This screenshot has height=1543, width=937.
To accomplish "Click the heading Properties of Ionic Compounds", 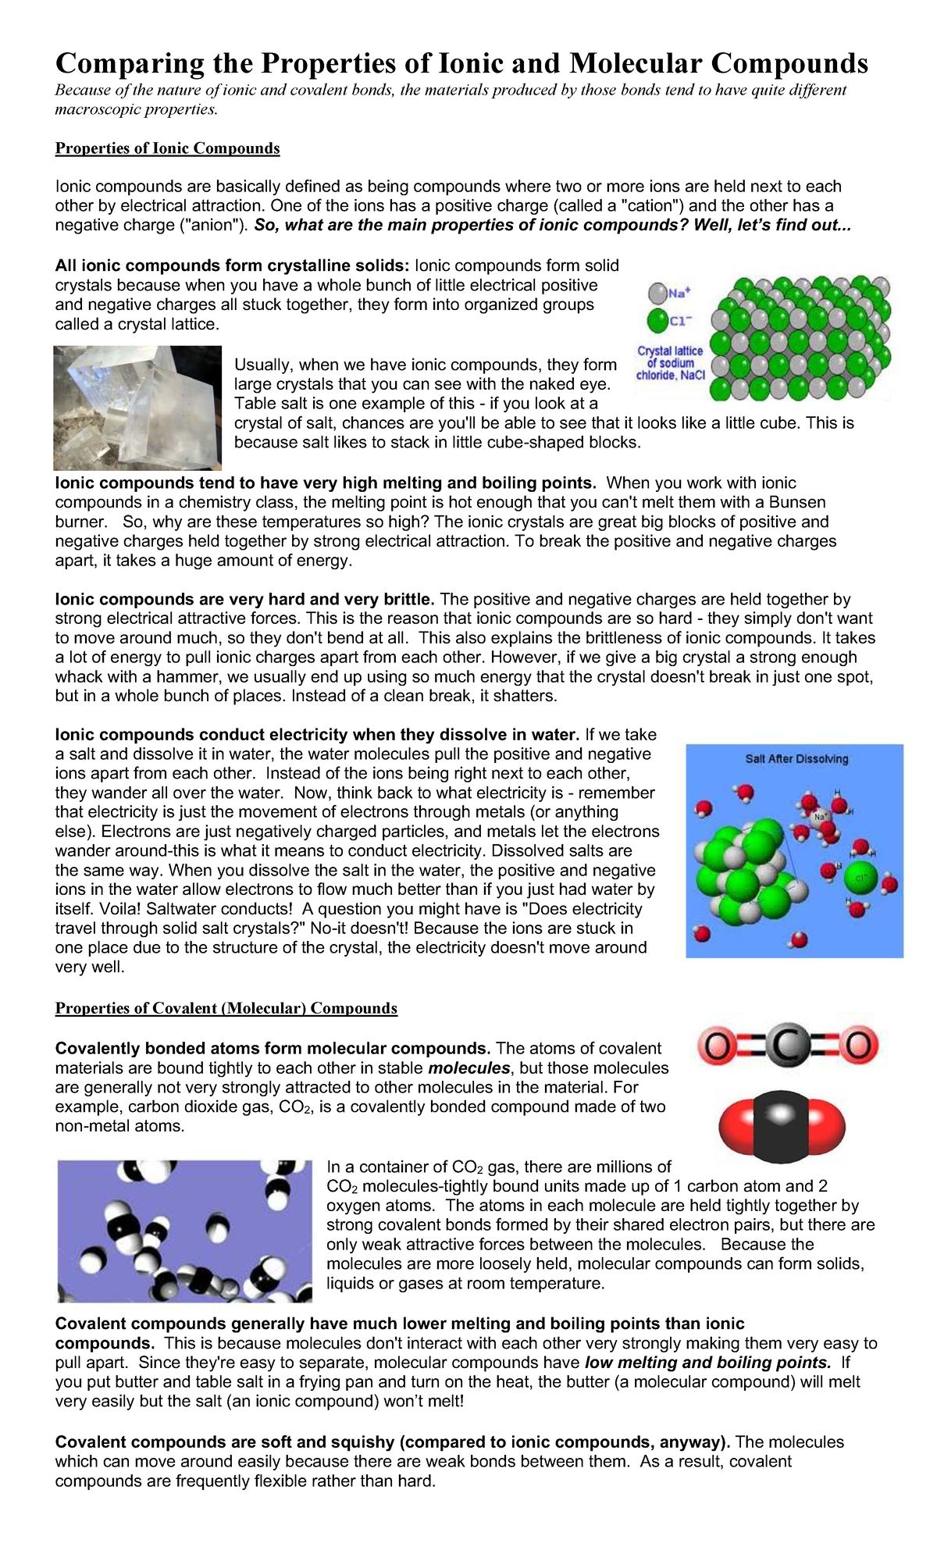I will [167, 148].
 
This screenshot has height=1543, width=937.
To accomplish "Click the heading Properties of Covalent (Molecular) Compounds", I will [226, 1008].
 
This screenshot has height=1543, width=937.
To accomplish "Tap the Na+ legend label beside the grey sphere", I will [679, 294].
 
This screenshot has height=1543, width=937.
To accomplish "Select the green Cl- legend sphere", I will [658, 319].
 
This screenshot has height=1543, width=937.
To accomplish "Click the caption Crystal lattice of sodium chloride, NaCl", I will [670, 363].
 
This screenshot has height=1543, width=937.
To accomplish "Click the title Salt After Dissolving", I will [796, 759].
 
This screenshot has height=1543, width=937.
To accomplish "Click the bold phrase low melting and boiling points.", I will [707, 1363].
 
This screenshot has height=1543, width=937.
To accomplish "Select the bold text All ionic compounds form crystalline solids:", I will [232, 266].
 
